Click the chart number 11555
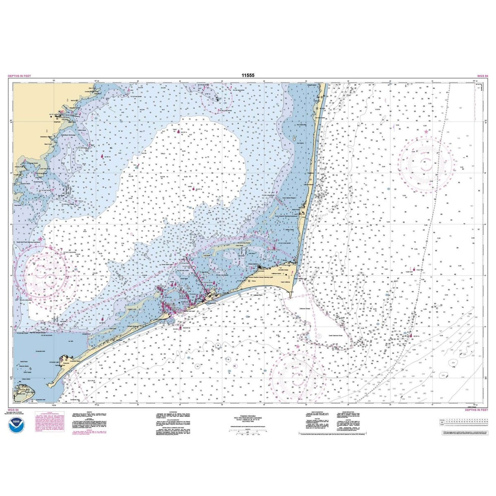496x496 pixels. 248,76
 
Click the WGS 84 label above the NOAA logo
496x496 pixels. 13,410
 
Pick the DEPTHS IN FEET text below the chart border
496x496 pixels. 476,410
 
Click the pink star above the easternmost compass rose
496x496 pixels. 426,131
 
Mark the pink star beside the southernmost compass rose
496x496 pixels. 297,346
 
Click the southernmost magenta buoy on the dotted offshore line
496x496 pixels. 410,337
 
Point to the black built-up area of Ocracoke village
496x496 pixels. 64,361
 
